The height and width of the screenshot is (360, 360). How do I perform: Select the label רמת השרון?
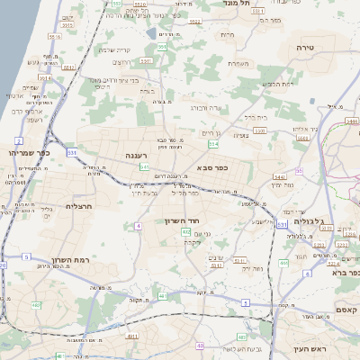[71, 259]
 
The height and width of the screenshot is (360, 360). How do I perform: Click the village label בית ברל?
[256, 117]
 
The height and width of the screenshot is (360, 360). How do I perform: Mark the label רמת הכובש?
[274, 84]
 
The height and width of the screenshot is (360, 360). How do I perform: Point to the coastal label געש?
[38, 62]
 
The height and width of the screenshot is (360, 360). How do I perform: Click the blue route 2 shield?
[19, 141]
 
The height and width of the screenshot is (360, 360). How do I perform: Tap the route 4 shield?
[139, 225]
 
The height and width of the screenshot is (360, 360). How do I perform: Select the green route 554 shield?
[212, 144]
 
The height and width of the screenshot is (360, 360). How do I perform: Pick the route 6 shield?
[307, 273]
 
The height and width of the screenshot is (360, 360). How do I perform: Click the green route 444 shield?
[280, 177]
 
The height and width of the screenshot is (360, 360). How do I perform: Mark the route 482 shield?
[37, 306]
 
